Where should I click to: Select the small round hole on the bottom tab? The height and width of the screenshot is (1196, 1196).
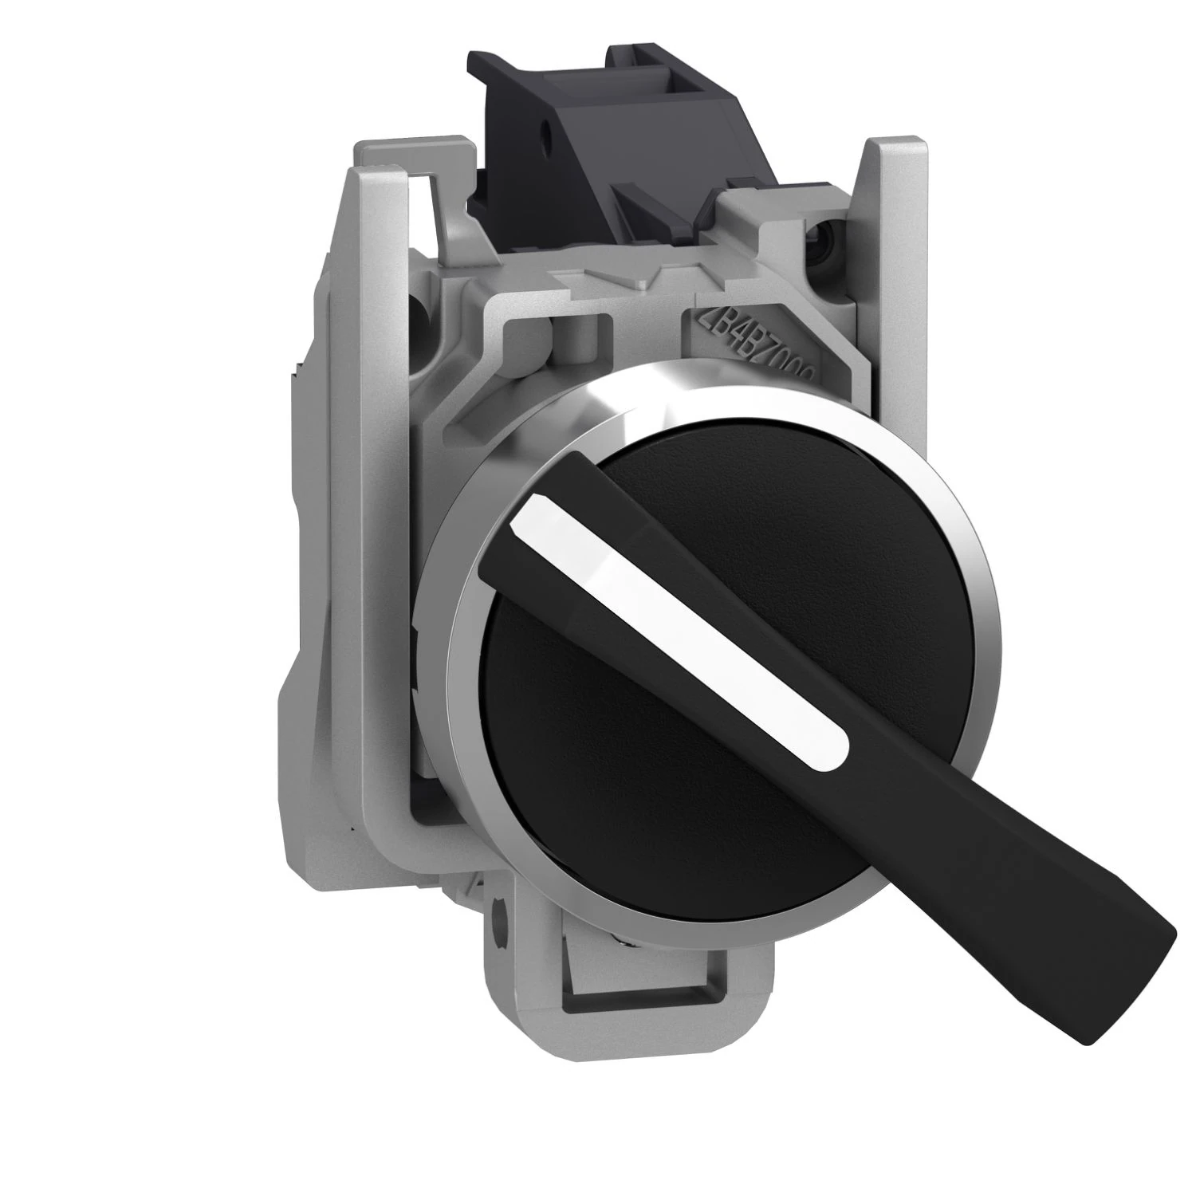click(500, 923)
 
